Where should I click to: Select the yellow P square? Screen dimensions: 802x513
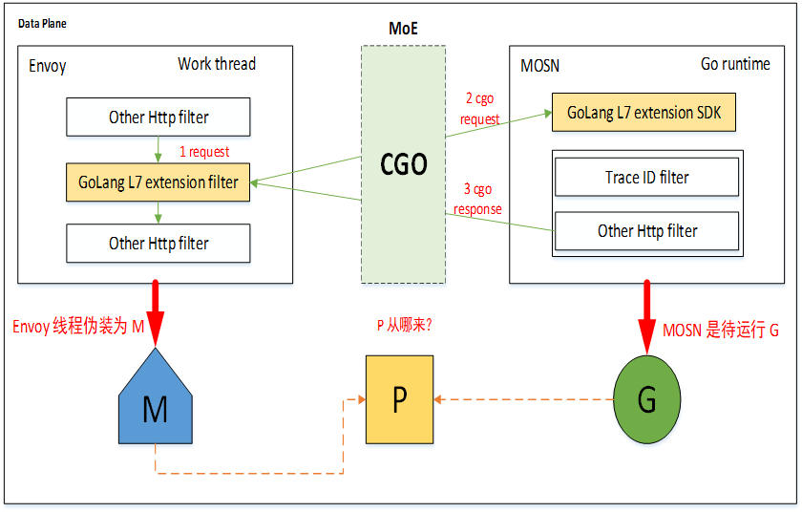click(x=399, y=399)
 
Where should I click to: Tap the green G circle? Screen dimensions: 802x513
click(x=647, y=399)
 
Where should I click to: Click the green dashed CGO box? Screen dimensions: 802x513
click(x=403, y=164)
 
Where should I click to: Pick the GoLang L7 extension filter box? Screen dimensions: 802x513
click(x=158, y=182)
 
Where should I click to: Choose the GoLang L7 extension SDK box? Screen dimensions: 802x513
click(x=644, y=112)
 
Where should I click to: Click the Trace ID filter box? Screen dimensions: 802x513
click(x=647, y=177)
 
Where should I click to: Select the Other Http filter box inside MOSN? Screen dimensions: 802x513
click(x=647, y=231)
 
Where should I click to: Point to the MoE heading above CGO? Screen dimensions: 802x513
click(x=403, y=28)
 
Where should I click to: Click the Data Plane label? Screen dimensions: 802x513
click(x=42, y=24)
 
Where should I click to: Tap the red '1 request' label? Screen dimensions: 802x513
click(x=204, y=152)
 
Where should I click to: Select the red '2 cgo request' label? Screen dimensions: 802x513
click(x=479, y=109)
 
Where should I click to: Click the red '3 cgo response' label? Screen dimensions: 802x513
click(x=477, y=199)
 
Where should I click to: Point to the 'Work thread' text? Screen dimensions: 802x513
click(x=217, y=64)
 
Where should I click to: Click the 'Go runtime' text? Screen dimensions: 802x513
click(x=735, y=64)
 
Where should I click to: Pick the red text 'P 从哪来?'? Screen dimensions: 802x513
click(x=405, y=325)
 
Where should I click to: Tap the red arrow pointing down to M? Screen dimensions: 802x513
click(x=155, y=313)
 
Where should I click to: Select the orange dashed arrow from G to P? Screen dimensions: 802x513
click(x=523, y=399)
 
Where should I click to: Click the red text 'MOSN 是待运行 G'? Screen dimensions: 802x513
click(x=721, y=331)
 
